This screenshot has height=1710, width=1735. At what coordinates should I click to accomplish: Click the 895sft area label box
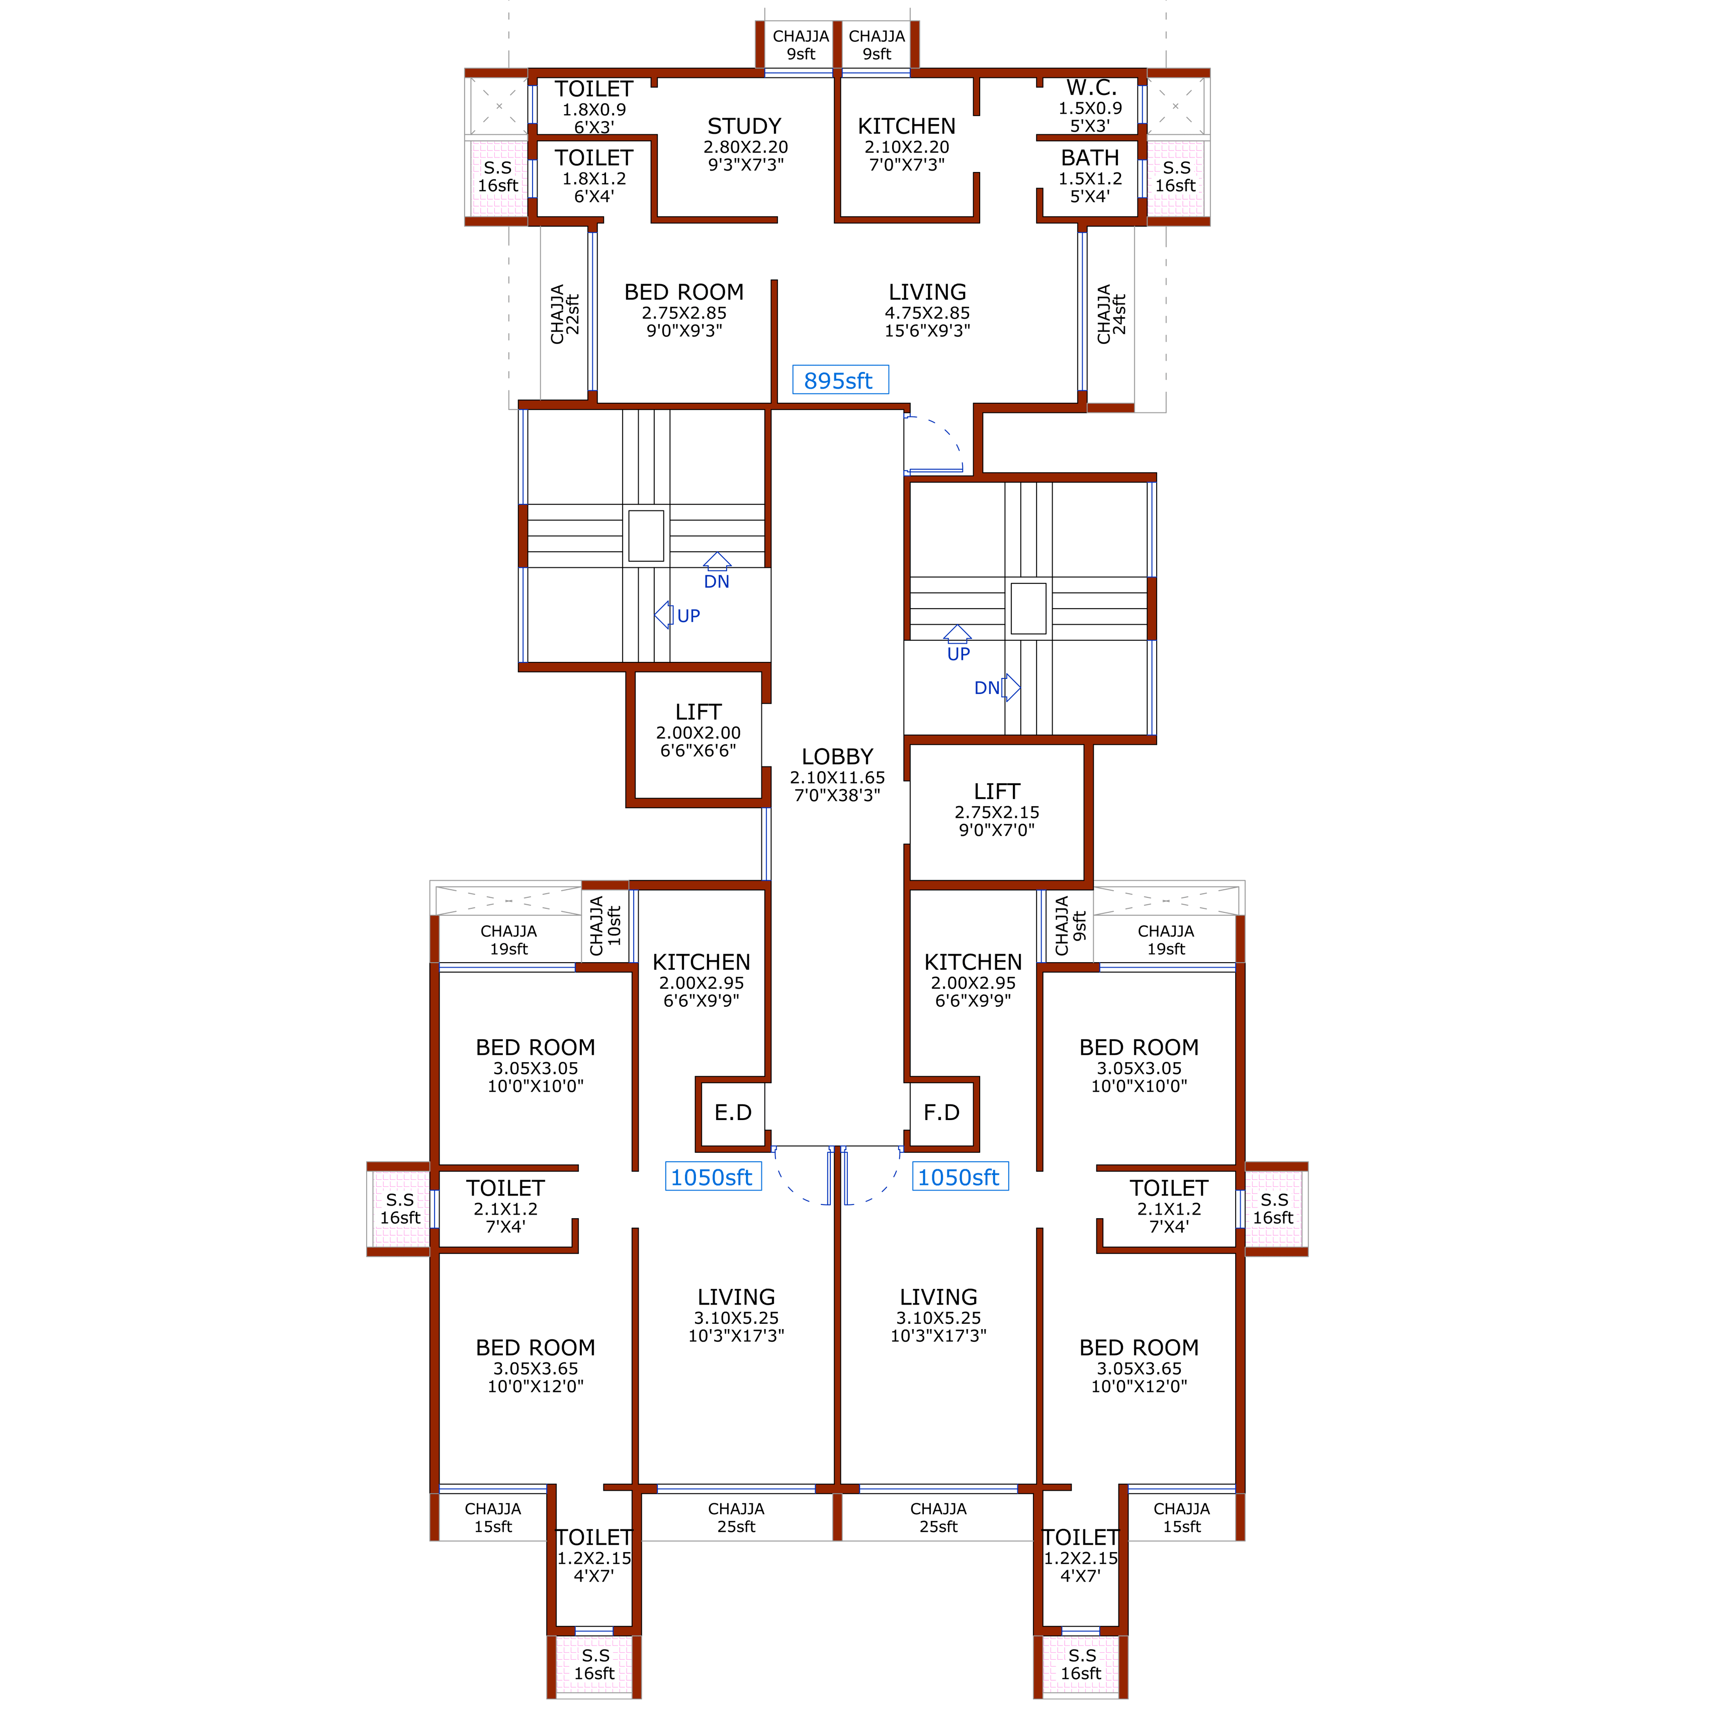point(840,380)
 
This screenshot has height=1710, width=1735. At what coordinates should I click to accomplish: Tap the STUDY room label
point(744,127)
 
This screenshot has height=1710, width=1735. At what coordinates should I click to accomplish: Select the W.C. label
point(1091,88)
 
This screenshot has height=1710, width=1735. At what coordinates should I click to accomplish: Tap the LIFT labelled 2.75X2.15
point(997,791)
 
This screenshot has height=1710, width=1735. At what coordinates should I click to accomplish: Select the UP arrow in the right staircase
point(958,634)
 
